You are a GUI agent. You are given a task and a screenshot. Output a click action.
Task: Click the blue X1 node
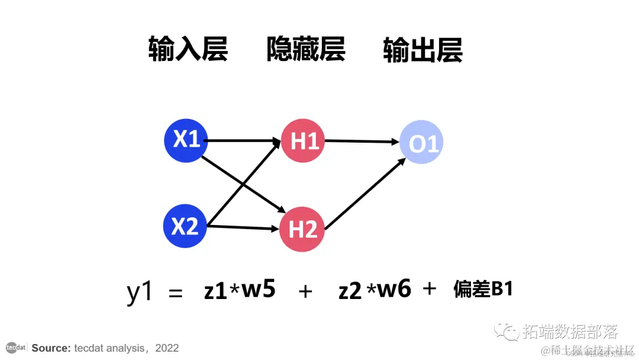[186, 140]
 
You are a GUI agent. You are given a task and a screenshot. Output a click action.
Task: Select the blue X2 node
[185, 226]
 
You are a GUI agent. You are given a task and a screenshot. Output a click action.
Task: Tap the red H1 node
[303, 141]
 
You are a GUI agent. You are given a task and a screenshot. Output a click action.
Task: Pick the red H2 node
[302, 229]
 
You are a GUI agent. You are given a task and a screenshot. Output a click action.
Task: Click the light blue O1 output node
[421, 143]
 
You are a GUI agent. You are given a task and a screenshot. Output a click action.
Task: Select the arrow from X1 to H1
[243, 141]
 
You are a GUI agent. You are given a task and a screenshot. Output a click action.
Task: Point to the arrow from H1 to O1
[361, 142]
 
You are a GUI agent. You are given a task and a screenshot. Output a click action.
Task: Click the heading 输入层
[188, 50]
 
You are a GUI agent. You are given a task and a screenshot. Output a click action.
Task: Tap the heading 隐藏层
[305, 50]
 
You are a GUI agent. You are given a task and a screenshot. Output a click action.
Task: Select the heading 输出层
[422, 50]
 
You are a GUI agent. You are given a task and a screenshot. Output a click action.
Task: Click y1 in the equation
[140, 292]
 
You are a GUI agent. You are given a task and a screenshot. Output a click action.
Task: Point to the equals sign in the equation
[176, 292]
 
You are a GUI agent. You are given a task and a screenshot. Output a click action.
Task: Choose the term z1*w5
[240, 290]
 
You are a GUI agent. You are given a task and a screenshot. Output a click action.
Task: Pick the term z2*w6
[375, 290]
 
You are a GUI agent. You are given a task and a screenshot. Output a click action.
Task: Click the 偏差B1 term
[483, 290]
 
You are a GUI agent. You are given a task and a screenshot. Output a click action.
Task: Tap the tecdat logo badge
[15, 347]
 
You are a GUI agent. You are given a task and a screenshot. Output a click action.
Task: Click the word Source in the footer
[51, 348]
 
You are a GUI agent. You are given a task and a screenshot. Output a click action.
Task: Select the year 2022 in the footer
[167, 348]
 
